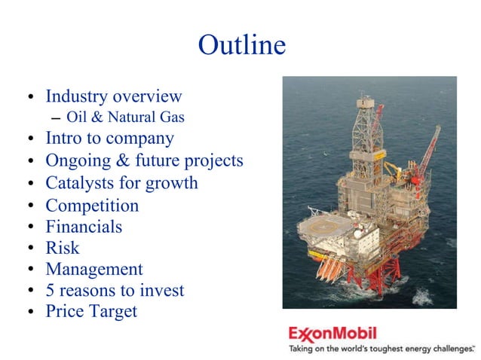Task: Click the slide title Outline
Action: (x=241, y=45)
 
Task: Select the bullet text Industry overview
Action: (x=114, y=96)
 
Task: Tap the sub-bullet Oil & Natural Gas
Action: (x=125, y=117)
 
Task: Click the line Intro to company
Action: (x=109, y=139)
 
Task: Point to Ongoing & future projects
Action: (x=144, y=160)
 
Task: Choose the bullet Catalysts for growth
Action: (x=121, y=183)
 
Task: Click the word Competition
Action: (x=92, y=206)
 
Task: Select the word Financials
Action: (x=84, y=227)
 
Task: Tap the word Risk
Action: (x=62, y=248)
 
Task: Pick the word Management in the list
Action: (x=93, y=269)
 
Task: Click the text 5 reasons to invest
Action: (x=115, y=290)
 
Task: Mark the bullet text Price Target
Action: (x=91, y=311)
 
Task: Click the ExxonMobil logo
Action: (x=332, y=332)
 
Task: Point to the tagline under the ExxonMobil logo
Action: (x=381, y=349)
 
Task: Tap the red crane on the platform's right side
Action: (x=430, y=151)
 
